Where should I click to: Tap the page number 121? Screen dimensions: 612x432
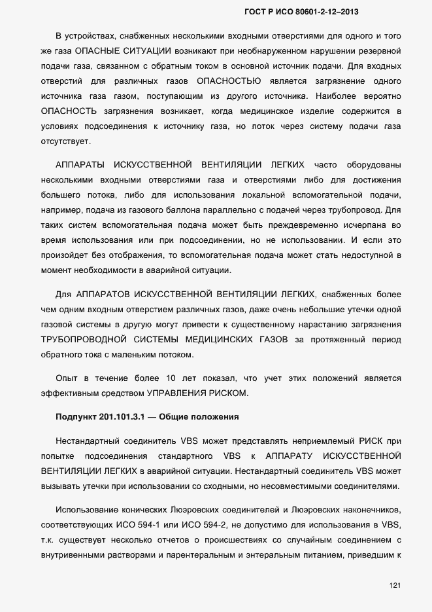(394, 584)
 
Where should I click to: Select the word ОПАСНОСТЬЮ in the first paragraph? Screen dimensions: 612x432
(228, 81)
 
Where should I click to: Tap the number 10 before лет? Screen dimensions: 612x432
(171, 378)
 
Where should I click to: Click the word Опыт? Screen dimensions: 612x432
(67, 378)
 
